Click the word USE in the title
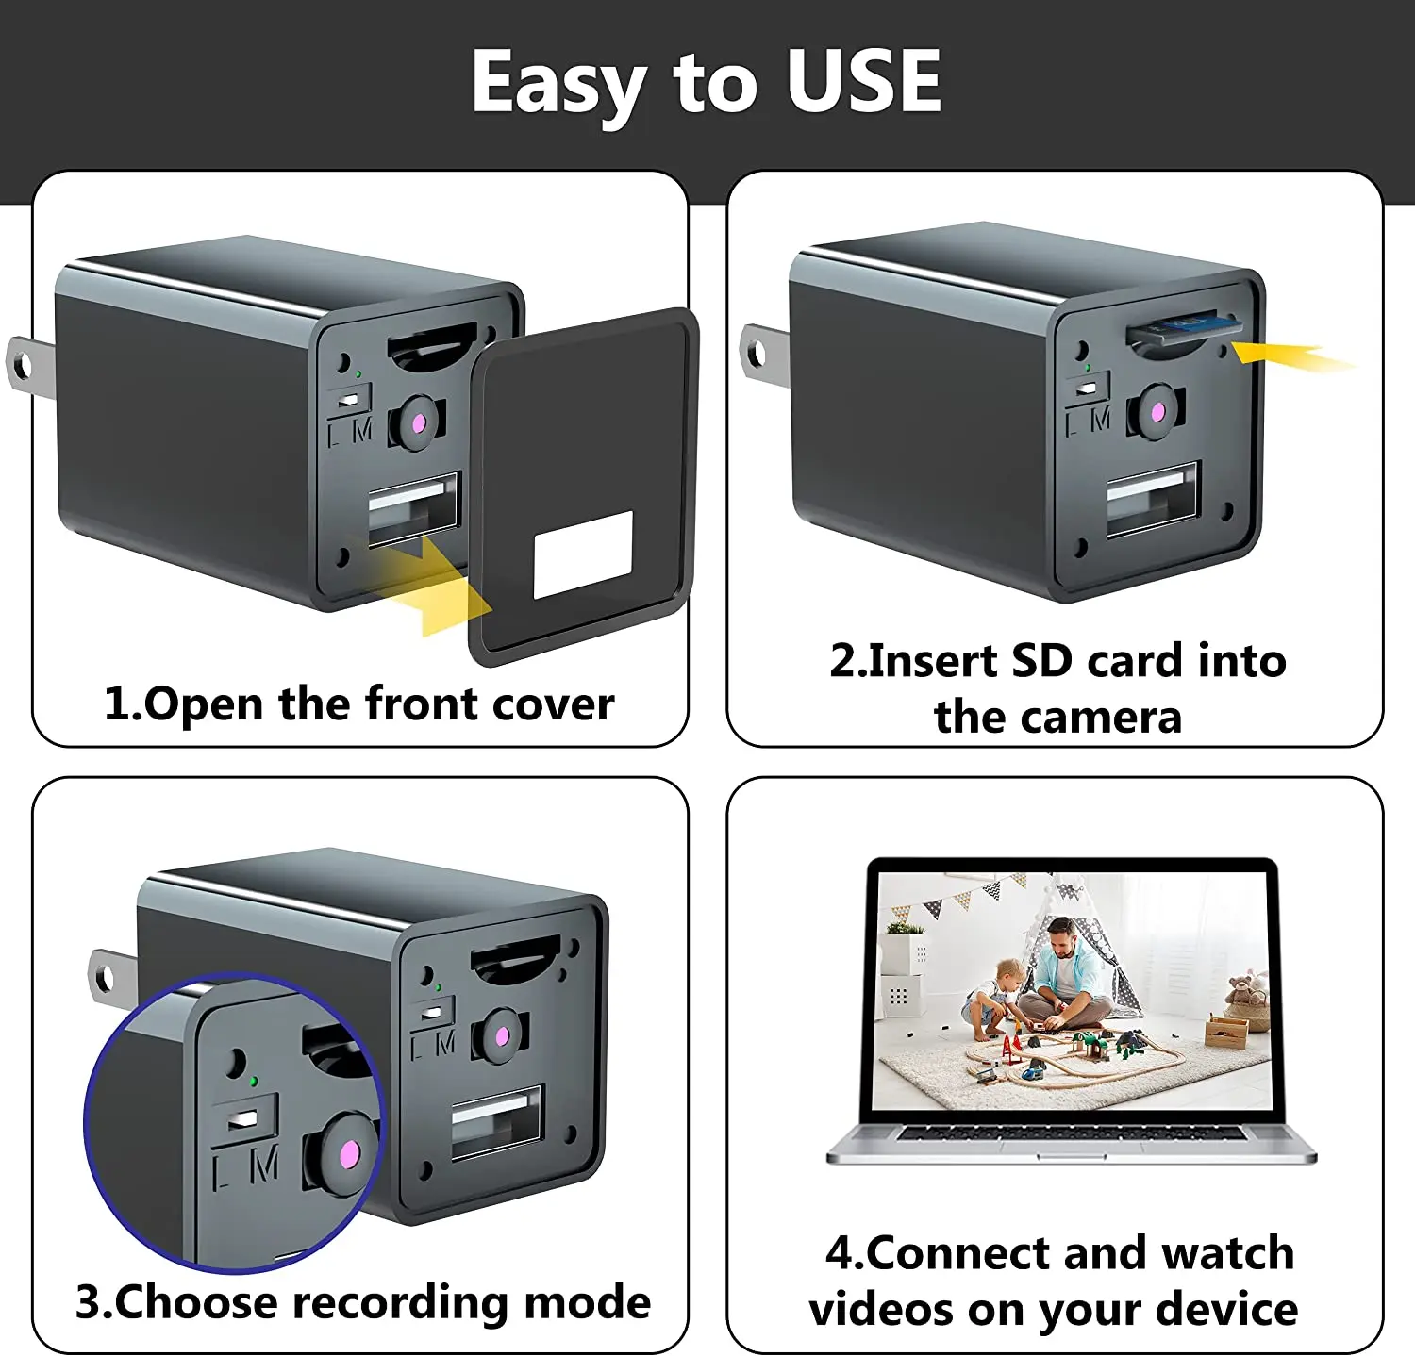point(863,81)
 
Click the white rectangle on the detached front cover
point(583,555)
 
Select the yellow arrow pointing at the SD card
point(1288,357)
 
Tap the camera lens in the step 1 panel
point(417,420)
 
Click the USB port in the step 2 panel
point(1152,499)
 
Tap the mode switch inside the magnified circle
point(243,1119)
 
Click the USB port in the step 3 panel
point(496,1121)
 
